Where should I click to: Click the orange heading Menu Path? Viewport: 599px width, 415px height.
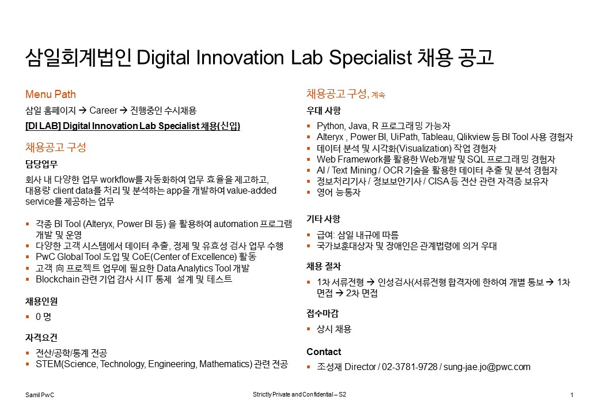[51, 94]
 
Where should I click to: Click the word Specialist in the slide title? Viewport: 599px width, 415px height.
[370, 58]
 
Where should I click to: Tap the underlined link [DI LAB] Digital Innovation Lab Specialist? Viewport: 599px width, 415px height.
[112, 126]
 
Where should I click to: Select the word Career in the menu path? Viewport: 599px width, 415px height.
[103, 111]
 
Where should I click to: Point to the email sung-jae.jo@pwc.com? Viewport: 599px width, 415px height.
[487, 367]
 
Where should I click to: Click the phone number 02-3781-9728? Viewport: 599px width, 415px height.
[410, 367]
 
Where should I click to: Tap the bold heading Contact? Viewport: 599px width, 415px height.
[324, 352]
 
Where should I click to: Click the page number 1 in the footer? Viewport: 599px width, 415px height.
[572, 395]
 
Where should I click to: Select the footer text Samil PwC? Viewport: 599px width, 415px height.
[40, 395]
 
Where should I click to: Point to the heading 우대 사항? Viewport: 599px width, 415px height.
[324, 111]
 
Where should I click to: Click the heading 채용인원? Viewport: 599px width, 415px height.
[41, 301]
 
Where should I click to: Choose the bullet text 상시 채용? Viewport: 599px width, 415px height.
[334, 329]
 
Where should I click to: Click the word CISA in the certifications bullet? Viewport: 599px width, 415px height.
[438, 181]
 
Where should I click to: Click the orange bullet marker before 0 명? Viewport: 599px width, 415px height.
[28, 316]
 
